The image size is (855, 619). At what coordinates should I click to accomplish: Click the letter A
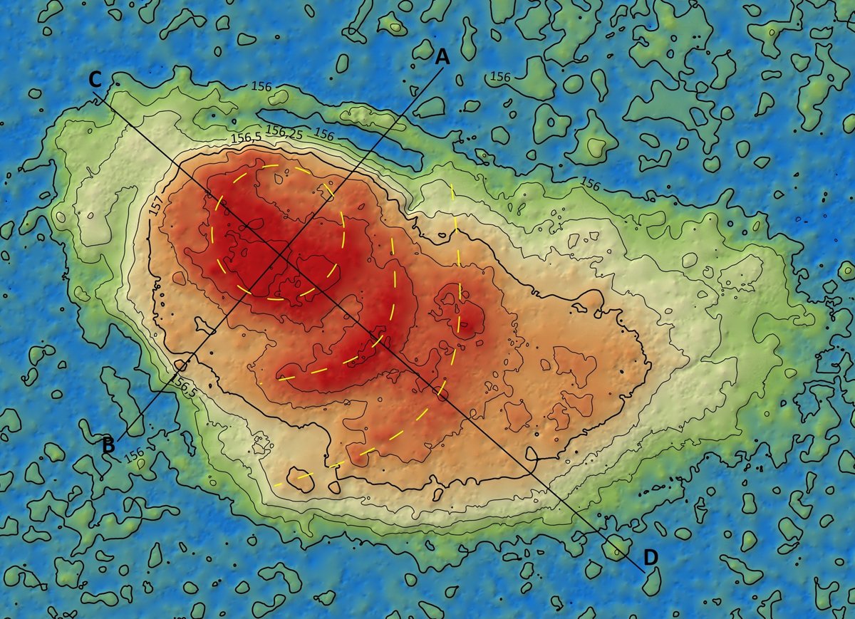pyautogui.click(x=442, y=57)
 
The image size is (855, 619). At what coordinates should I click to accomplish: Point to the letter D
pyautogui.click(x=651, y=556)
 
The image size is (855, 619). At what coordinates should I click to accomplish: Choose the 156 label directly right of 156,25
pyautogui.click(x=324, y=134)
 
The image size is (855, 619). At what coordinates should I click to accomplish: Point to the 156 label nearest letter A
pyautogui.click(x=500, y=76)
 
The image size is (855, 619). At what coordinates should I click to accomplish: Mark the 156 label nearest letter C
pyautogui.click(x=261, y=85)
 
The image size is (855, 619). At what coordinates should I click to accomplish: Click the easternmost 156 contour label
pyautogui.click(x=590, y=183)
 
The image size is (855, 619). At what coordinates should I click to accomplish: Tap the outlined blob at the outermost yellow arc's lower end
pyautogui.click(x=299, y=480)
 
